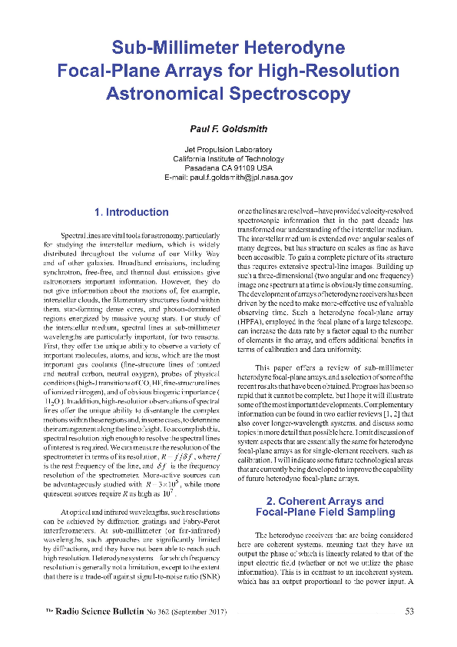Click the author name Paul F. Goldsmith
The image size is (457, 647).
[228, 128]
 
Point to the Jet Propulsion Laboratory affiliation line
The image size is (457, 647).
[228, 149]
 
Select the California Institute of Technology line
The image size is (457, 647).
[228, 158]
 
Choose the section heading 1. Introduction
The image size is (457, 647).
[131, 212]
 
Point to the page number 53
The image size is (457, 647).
[409, 612]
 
